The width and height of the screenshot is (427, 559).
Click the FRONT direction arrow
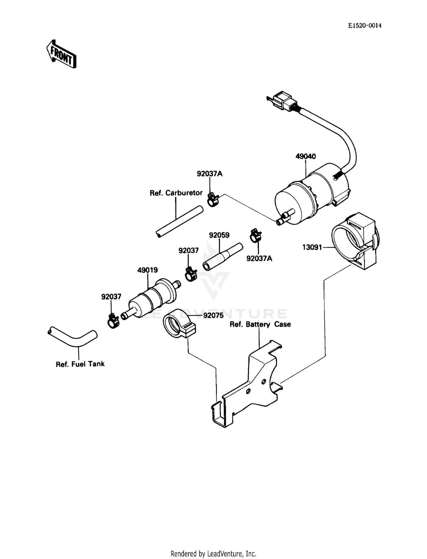click(61, 54)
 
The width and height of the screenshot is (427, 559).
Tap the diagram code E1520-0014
click(365, 26)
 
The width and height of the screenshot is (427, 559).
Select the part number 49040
click(305, 156)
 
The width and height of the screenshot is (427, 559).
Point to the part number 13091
click(312, 247)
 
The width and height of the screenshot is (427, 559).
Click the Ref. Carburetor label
click(176, 193)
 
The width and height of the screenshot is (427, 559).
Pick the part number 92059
click(219, 235)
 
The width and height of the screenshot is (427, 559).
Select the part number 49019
click(147, 270)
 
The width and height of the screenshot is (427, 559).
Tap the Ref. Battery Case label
click(260, 324)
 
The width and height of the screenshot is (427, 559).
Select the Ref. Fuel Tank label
click(80, 364)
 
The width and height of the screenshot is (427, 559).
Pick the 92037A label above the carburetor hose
click(210, 174)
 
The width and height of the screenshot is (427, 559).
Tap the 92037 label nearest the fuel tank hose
click(111, 297)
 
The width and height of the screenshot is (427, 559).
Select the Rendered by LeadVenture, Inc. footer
click(213, 554)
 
